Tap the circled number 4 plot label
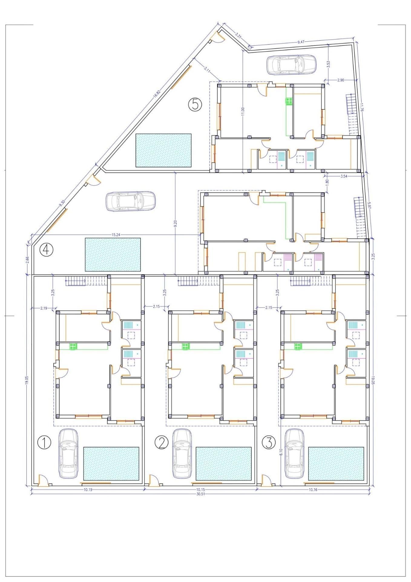pyautogui.click(x=47, y=250)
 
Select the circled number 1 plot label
pyautogui.click(x=44, y=443)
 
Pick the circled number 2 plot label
pyautogui.click(x=161, y=443)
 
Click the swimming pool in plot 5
pyautogui.click(x=163, y=150)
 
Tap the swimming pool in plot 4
pyautogui.click(x=113, y=254)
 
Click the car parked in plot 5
pyautogui.click(x=291, y=65)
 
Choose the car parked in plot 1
pyautogui.click(x=68, y=454)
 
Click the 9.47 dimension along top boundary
pyautogui.click(x=301, y=42)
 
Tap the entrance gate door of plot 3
pyautogui.click(x=266, y=481)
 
